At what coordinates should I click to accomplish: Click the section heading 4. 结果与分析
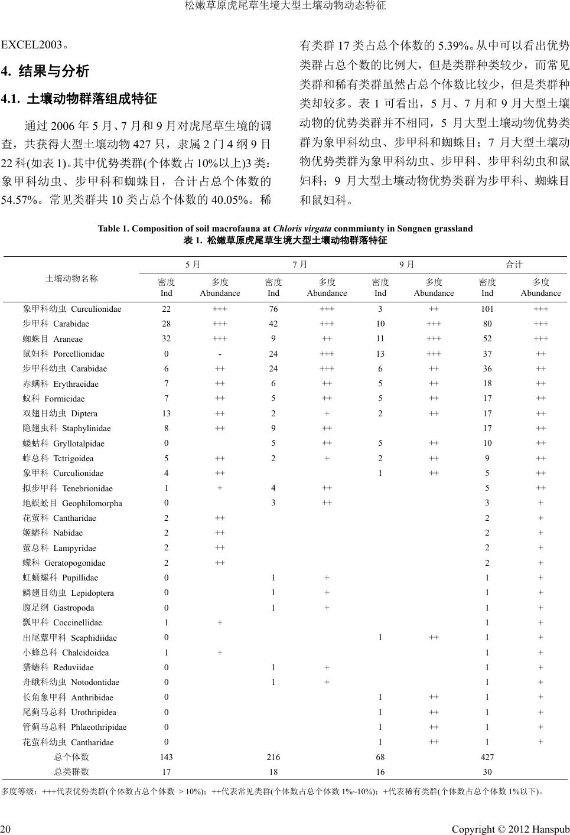coord(46,72)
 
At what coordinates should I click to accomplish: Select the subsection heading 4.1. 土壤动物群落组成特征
coord(80,99)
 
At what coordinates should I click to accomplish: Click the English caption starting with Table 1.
coord(285,229)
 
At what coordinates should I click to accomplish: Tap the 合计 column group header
coord(514,265)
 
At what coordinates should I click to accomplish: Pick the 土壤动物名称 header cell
coord(71,279)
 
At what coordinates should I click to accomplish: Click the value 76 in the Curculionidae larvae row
coord(273,309)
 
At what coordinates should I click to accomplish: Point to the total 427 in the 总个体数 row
coord(487,756)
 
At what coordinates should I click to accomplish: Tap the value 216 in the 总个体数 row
coord(273,756)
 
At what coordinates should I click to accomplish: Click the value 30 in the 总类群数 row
coord(487,771)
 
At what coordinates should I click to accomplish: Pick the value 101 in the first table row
coord(487,309)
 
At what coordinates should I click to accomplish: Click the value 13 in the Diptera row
coord(167,413)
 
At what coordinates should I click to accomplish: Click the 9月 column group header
coord(407,265)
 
